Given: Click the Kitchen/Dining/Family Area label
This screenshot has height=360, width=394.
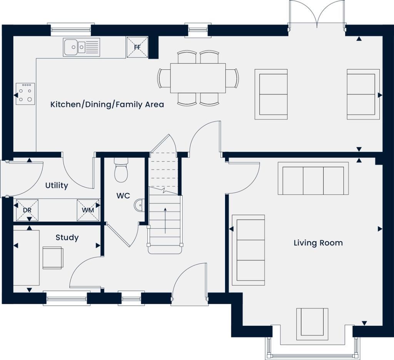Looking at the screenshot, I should point(107,104).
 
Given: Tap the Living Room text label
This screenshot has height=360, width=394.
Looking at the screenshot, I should point(318,243).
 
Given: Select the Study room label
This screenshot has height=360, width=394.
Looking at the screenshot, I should point(67,237).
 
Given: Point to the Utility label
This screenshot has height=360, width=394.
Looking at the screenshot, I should point(57,185).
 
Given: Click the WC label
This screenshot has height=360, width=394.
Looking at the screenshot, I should point(123,196).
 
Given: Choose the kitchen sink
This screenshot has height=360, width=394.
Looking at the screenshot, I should point(81,47).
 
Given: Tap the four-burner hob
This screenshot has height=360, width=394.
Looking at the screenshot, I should point(25,93).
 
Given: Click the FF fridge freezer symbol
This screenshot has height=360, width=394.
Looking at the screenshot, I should point(137,47).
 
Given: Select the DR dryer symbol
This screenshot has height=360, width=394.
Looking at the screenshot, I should point(27,210).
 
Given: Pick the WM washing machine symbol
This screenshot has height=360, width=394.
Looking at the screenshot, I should point(88,210).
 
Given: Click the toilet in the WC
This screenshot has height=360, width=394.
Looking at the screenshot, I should point(121,171).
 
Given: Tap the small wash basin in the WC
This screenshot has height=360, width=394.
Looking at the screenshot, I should point(139,205).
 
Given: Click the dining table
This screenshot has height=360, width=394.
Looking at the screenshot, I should point(198,78).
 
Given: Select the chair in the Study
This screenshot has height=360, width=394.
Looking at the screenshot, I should point(52,257).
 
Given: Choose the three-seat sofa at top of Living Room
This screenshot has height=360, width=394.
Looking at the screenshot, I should point(313,178).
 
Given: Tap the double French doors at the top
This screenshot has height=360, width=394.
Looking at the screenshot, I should point(317,15).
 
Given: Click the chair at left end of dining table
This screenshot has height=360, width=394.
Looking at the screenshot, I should point(164,78).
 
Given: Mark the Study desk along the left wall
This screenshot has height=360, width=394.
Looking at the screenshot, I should point(27,257).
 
